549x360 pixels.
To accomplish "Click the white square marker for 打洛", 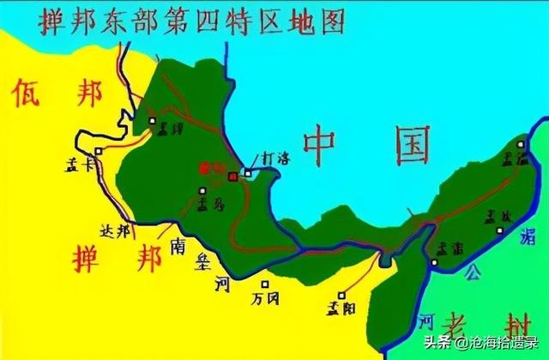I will [248, 173].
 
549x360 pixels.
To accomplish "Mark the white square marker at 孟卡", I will [100, 151].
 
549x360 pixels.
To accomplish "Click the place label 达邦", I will [116, 231].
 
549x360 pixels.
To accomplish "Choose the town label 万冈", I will [265, 299].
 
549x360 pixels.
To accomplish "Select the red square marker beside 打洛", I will [233, 176].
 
